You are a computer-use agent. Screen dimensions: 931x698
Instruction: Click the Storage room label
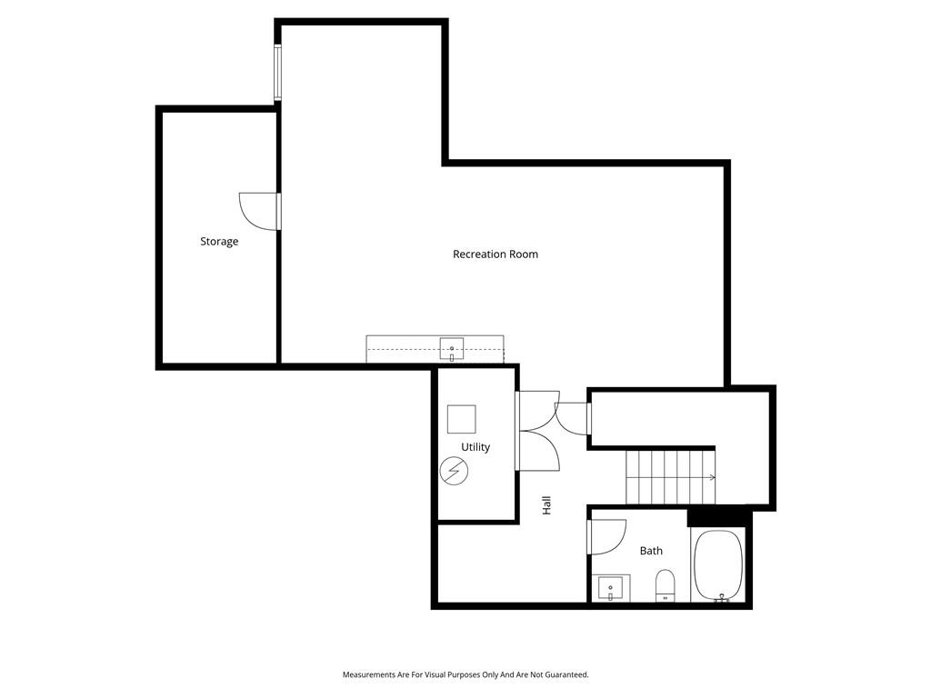click(x=219, y=242)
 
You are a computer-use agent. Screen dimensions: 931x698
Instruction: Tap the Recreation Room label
click(x=496, y=254)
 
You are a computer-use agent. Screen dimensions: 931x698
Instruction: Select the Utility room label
click(x=476, y=447)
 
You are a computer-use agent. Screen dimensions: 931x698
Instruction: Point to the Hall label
click(x=546, y=505)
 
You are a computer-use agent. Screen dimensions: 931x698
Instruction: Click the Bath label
click(x=651, y=551)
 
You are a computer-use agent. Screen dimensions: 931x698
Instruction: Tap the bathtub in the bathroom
click(x=719, y=565)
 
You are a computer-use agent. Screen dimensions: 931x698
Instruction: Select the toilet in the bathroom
click(x=665, y=585)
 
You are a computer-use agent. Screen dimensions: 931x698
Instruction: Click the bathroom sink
click(x=611, y=588)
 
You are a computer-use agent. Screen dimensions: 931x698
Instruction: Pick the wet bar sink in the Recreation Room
click(x=452, y=350)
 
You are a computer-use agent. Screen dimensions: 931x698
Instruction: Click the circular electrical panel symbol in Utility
click(x=455, y=472)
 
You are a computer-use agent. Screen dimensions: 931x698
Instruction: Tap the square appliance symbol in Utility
click(x=461, y=419)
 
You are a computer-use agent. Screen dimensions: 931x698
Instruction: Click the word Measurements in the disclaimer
click(x=369, y=675)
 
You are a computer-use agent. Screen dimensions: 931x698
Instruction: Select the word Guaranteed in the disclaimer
click(x=569, y=675)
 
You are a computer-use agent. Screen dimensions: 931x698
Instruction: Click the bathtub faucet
click(x=722, y=598)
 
